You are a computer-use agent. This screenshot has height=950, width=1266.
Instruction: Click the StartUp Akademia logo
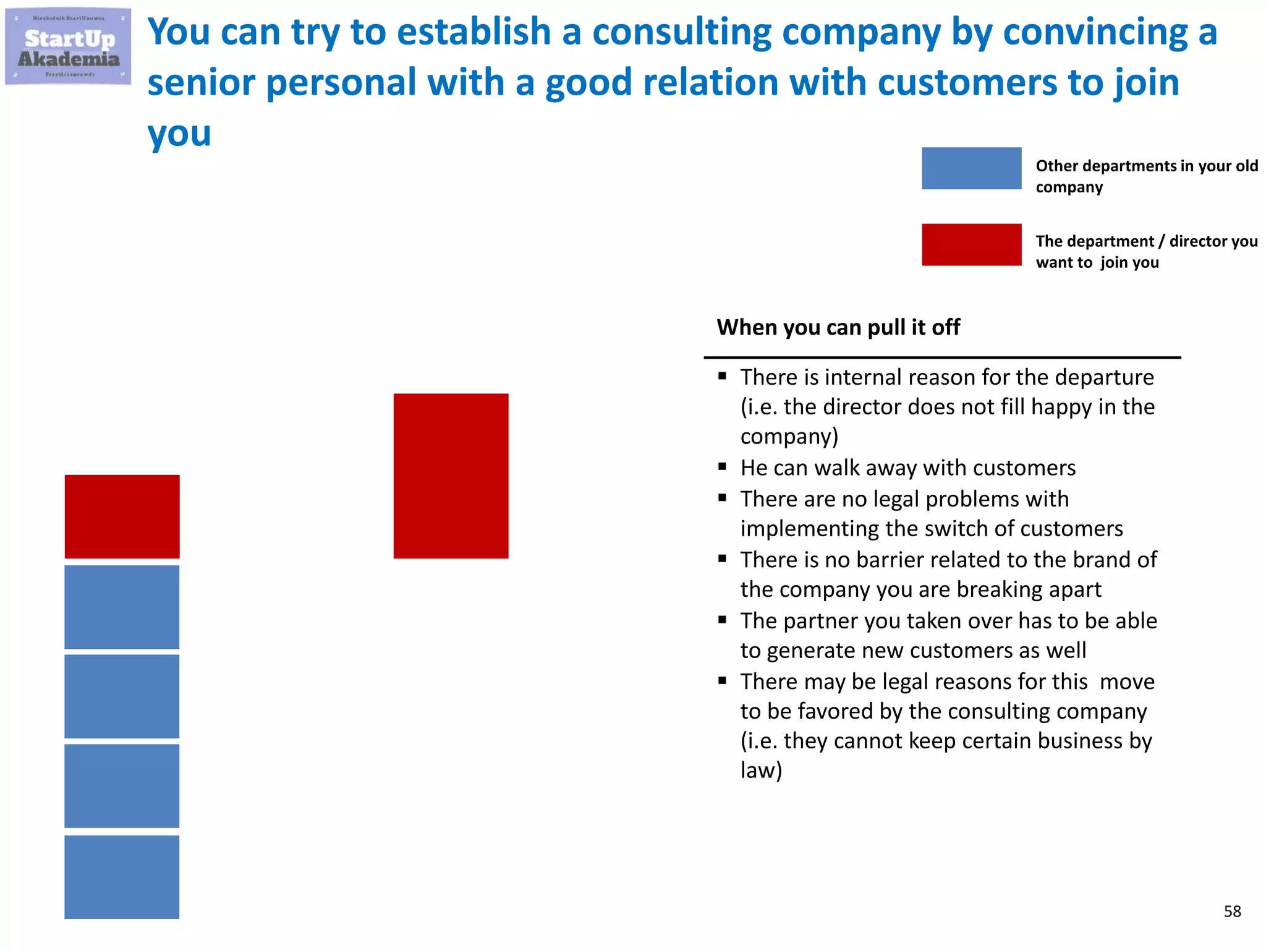[68, 47]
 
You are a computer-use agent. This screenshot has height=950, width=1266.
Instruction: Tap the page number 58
[1232, 911]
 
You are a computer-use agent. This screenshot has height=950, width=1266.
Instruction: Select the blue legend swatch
[971, 168]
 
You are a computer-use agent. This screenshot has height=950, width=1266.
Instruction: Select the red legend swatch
[971, 245]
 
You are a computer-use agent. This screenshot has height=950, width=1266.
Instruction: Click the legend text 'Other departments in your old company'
[1147, 176]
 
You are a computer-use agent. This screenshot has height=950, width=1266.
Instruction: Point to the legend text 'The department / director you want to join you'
[1147, 252]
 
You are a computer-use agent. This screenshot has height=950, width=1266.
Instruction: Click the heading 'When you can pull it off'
[838, 327]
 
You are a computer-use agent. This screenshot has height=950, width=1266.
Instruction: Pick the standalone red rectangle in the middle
[451, 476]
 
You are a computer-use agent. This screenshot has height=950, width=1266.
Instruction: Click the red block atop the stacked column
[122, 516]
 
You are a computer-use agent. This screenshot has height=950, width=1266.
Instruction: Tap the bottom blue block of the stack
[122, 877]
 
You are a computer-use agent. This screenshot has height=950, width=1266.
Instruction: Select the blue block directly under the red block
[122, 607]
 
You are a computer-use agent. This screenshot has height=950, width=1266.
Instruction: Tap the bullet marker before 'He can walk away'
[722, 468]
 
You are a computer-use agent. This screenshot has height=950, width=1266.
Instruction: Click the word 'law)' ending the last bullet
[761, 771]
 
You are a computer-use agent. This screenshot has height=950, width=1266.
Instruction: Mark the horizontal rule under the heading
[942, 357]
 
